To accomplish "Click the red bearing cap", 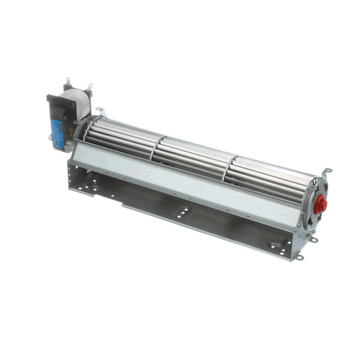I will [x=322, y=204].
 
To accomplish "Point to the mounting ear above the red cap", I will [x=326, y=171].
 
